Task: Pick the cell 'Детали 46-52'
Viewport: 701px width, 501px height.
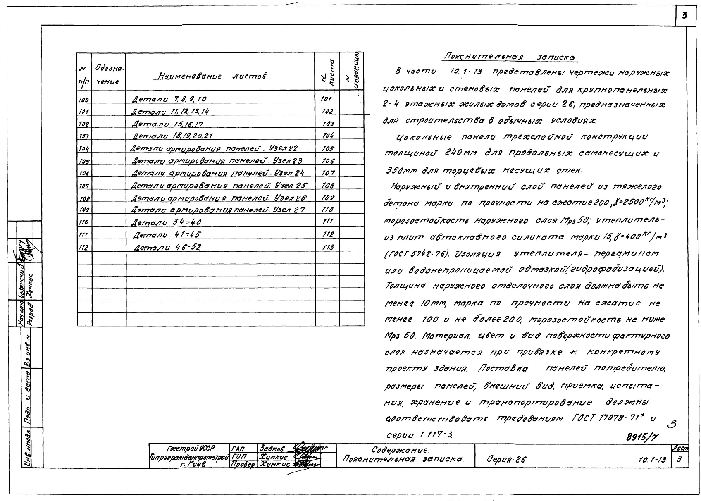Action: tap(167, 248)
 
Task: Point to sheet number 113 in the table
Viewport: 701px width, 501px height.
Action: tap(327, 248)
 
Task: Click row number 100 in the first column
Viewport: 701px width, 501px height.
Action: tap(84, 100)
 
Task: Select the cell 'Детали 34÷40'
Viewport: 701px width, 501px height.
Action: tap(166, 223)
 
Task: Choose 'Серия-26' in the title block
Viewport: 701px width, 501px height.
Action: tap(507, 459)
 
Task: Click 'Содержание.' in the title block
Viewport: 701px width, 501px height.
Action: tap(400, 450)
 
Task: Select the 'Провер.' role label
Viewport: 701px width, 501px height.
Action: tap(243, 464)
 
